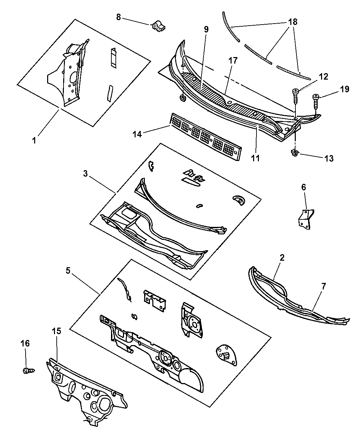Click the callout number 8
[119, 17]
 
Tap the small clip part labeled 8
[158, 26]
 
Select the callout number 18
[293, 22]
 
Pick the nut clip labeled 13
[295, 153]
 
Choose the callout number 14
[137, 134]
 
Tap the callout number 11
[255, 158]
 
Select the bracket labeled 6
[306, 219]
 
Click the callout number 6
[304, 187]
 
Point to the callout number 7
[323, 287]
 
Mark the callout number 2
[282, 258]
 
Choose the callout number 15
[56, 331]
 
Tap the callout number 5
[68, 270]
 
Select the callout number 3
[85, 174]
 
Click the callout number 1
[34, 140]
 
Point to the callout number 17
[233, 60]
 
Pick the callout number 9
[206, 29]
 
